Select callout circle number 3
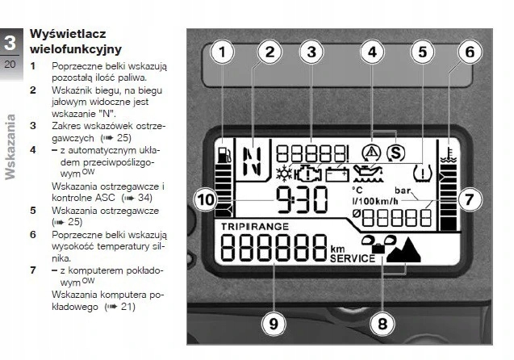point(310,52)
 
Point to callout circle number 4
point(372,52)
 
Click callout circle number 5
point(420,52)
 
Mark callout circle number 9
point(274,324)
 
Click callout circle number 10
point(204,197)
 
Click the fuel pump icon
point(225,153)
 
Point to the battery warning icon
point(336,173)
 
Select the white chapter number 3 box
point(10,43)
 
